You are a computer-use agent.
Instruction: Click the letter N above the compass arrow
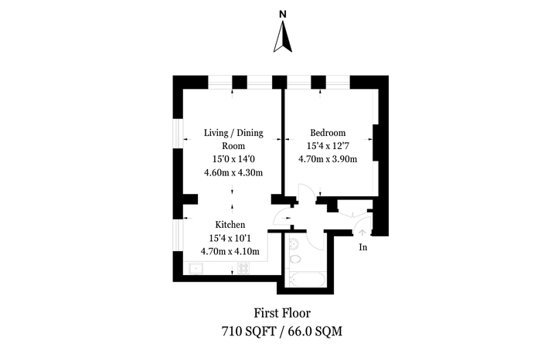click(x=283, y=14)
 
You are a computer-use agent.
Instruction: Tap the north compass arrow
click(x=283, y=36)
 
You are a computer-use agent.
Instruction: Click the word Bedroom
click(x=328, y=133)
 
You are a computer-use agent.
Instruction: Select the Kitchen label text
click(x=230, y=225)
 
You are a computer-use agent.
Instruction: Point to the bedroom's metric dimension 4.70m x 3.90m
click(x=328, y=159)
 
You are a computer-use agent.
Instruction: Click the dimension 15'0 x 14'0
click(x=233, y=159)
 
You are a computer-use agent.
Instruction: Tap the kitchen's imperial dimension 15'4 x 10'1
click(x=230, y=238)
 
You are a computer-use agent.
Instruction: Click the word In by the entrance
click(x=363, y=247)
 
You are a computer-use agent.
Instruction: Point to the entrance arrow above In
click(x=362, y=233)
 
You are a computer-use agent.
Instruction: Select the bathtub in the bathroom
click(x=308, y=279)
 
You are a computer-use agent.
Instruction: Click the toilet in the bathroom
click(x=294, y=260)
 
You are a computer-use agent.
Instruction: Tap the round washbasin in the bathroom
click(x=294, y=244)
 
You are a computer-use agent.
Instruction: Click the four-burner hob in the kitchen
click(x=243, y=268)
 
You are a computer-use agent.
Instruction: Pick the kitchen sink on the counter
click(x=196, y=268)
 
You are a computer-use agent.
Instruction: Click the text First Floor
click(x=282, y=313)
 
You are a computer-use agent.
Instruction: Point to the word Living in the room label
click(x=216, y=133)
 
